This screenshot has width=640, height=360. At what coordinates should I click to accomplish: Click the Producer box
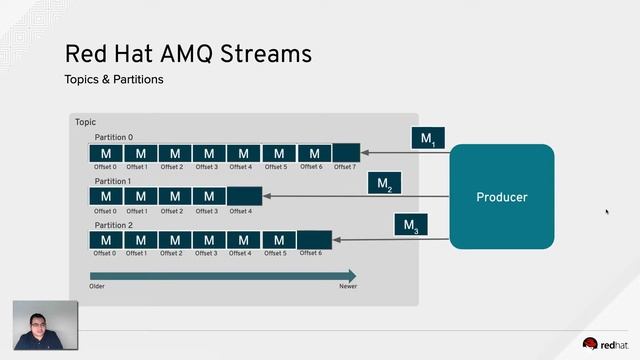(501, 197)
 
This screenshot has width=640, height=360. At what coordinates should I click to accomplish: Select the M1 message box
(427, 139)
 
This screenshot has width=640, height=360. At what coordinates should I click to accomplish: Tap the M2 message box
(384, 184)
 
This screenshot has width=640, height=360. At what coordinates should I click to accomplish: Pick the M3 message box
(410, 226)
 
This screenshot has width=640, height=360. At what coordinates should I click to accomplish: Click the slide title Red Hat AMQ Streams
(188, 52)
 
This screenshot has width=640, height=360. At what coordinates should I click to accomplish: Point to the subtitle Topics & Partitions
(113, 79)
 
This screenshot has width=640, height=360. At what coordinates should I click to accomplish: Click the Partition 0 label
(113, 137)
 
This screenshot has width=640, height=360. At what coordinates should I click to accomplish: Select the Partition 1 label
(113, 181)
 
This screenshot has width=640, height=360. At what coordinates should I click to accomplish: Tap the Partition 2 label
(113, 225)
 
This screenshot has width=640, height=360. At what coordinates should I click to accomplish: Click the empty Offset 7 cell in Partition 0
(345, 153)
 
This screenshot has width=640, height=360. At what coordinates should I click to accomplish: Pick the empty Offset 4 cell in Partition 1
(244, 196)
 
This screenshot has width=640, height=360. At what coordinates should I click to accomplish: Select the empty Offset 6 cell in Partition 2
(314, 240)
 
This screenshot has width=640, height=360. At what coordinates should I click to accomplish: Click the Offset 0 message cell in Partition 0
(106, 153)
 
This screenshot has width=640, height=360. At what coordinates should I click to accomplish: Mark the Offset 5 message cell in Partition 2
(279, 240)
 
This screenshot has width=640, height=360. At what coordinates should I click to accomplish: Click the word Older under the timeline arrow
(97, 286)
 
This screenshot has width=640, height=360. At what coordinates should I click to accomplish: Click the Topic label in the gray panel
(85, 122)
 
